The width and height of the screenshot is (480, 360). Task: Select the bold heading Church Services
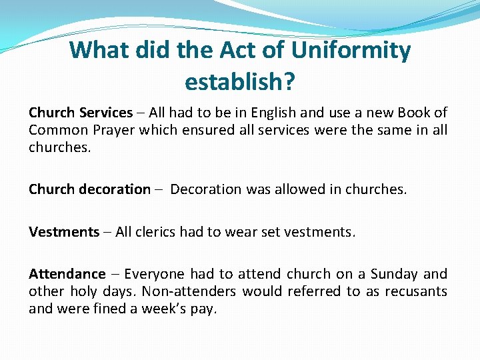81,113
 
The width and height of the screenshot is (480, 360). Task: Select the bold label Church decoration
89,189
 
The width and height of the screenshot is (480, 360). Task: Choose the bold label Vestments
64,232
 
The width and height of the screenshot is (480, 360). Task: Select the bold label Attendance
67,274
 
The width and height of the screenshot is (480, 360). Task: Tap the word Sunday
395,274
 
